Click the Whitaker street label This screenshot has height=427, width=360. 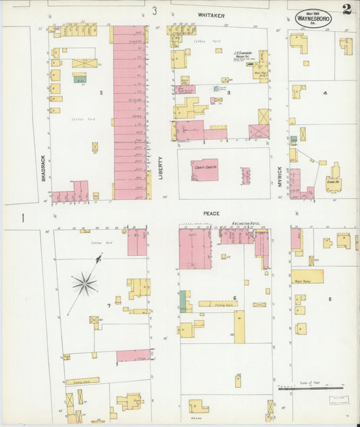coord(211,14)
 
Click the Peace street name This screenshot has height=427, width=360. coord(212,213)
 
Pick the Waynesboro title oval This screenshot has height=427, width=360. coord(313,18)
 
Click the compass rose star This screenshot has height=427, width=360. coord(85,284)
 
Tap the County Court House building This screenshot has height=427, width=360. coord(204,169)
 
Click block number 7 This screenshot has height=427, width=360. coord(108,305)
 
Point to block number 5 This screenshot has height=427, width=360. coord(330,298)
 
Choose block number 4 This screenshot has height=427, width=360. coord(324,93)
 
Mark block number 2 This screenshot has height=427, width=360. coord(101,92)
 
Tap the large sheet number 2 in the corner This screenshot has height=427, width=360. coord(346,9)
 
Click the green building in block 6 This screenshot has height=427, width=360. coord(182,301)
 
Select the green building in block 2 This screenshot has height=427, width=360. coord(80,79)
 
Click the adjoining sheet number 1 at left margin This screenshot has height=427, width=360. coord(22,218)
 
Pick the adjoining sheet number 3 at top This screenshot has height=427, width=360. coord(155,10)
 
